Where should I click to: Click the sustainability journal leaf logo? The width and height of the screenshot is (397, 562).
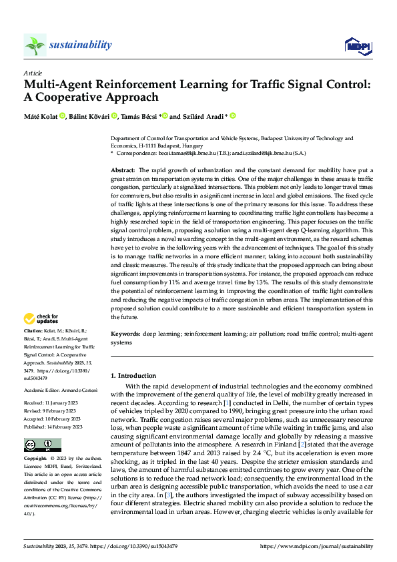35,45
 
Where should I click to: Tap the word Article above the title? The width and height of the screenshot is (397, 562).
33,73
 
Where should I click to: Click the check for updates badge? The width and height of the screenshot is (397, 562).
42,318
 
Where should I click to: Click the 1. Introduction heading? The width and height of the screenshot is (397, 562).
133,376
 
